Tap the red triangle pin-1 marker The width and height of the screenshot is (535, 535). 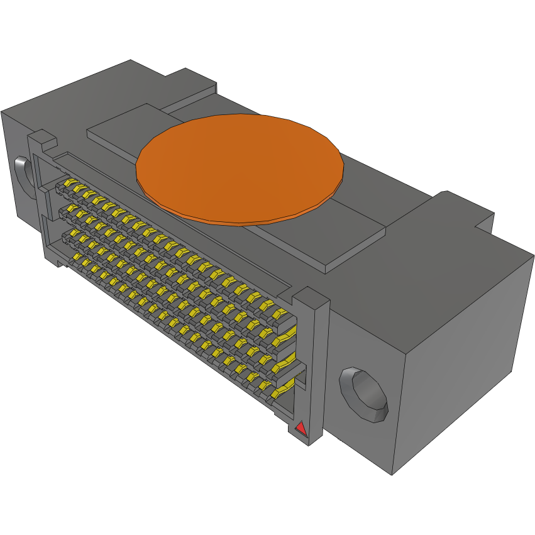[301, 429]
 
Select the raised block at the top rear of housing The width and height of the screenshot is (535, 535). [189, 85]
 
